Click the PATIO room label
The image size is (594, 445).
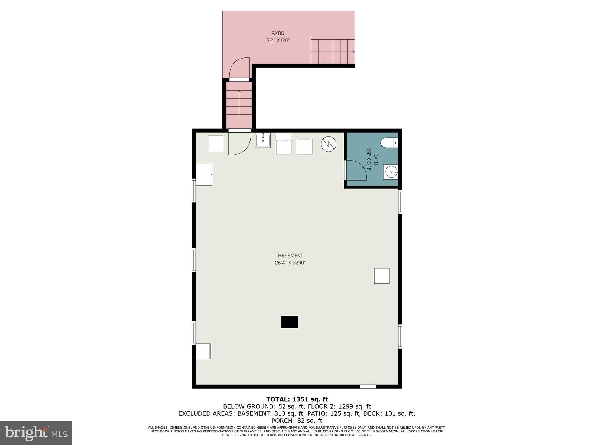[277, 33]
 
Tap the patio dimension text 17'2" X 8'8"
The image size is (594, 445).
[277, 40]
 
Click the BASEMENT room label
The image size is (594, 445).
[290, 256]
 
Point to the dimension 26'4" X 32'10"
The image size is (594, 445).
[290, 263]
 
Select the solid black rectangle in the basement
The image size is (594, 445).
[290, 322]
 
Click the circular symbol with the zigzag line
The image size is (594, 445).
[329, 144]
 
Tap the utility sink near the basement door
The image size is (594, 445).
[263, 141]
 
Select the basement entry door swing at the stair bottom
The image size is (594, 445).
[239, 144]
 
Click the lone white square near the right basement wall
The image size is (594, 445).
[382, 276]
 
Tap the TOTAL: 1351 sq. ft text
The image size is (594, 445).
[297, 399]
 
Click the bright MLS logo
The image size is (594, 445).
[36, 433]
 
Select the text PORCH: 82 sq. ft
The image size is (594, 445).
[297, 421]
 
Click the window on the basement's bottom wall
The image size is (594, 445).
[368, 386]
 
